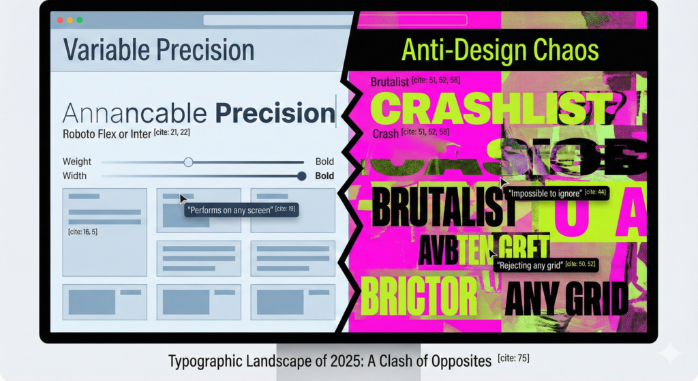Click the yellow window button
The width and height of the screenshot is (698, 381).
tap(70, 20)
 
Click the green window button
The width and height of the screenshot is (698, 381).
tap(80, 20)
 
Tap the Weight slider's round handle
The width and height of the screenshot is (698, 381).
tap(189, 162)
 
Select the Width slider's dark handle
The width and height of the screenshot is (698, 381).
tap(301, 176)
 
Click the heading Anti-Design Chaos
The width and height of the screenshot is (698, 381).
tap(500, 50)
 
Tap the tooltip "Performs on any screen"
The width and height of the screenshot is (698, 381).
tap(241, 209)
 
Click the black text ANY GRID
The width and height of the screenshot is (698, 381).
tap(566, 299)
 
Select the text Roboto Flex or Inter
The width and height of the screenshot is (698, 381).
tap(107, 134)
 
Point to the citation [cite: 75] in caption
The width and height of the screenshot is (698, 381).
tap(513, 359)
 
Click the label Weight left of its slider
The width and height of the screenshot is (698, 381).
tap(77, 162)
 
